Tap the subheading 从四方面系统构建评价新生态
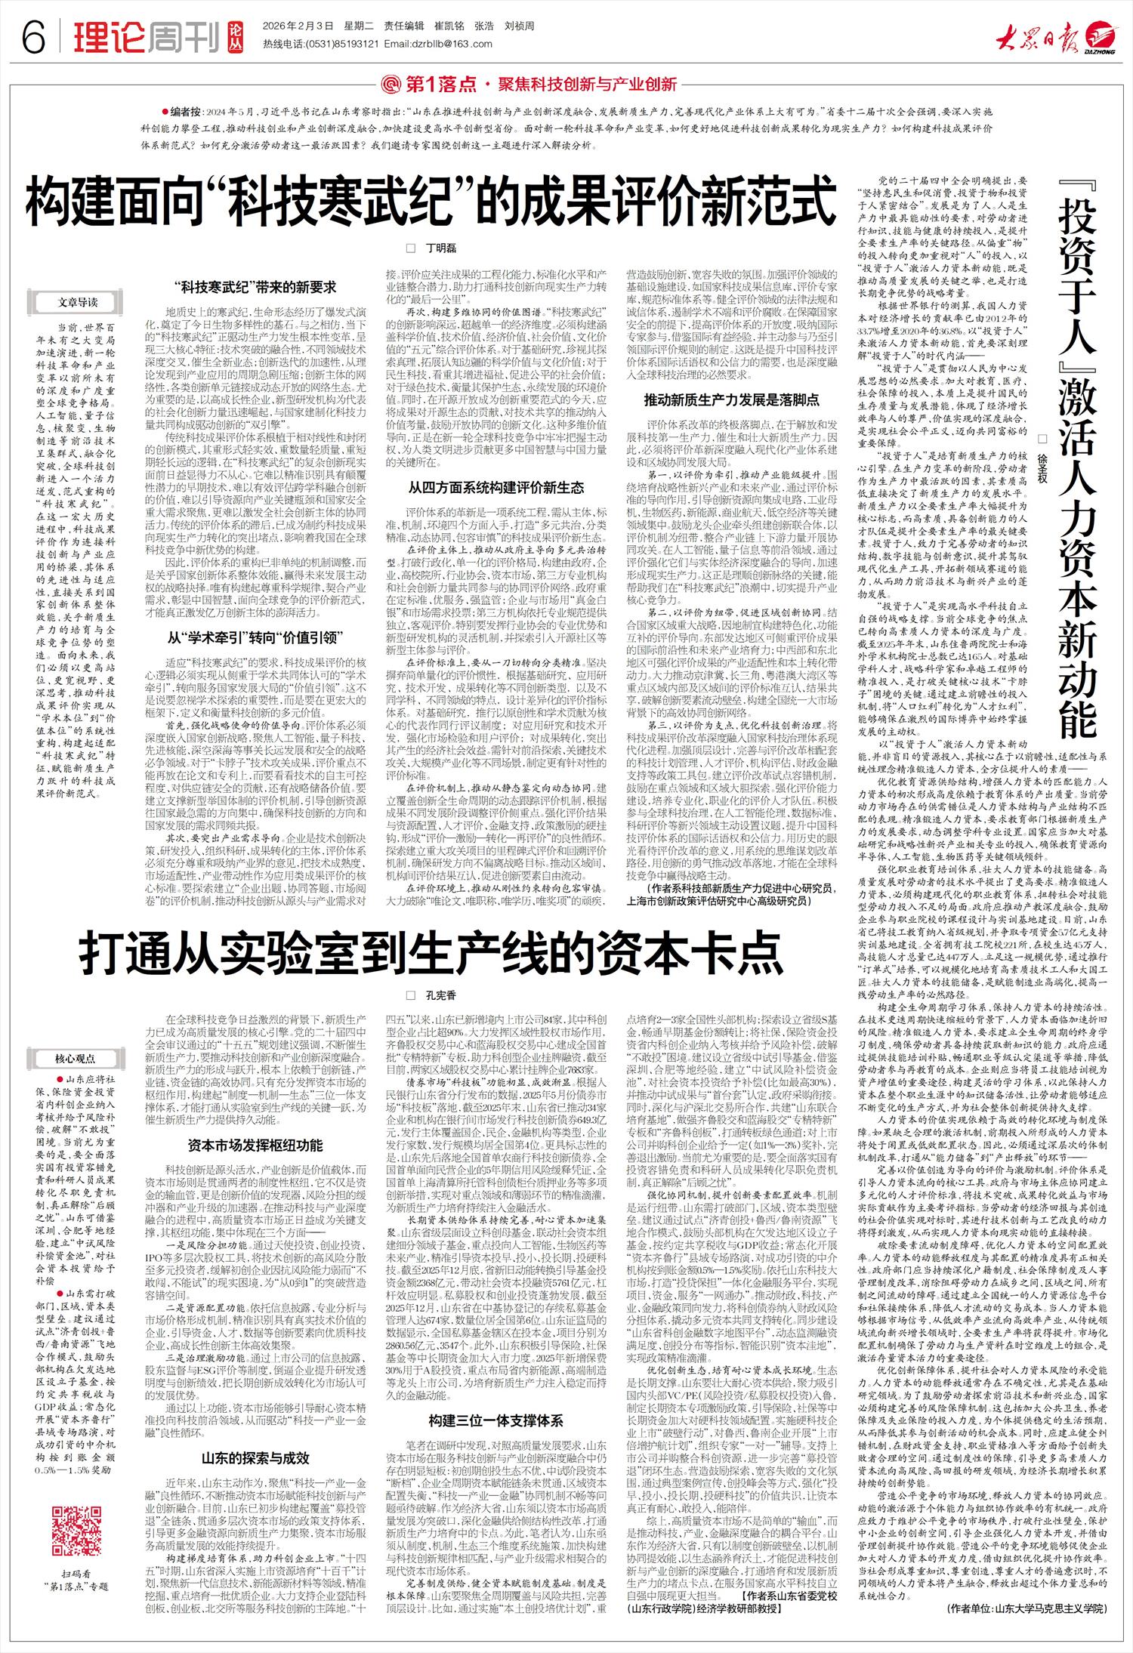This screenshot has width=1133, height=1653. (495, 488)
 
